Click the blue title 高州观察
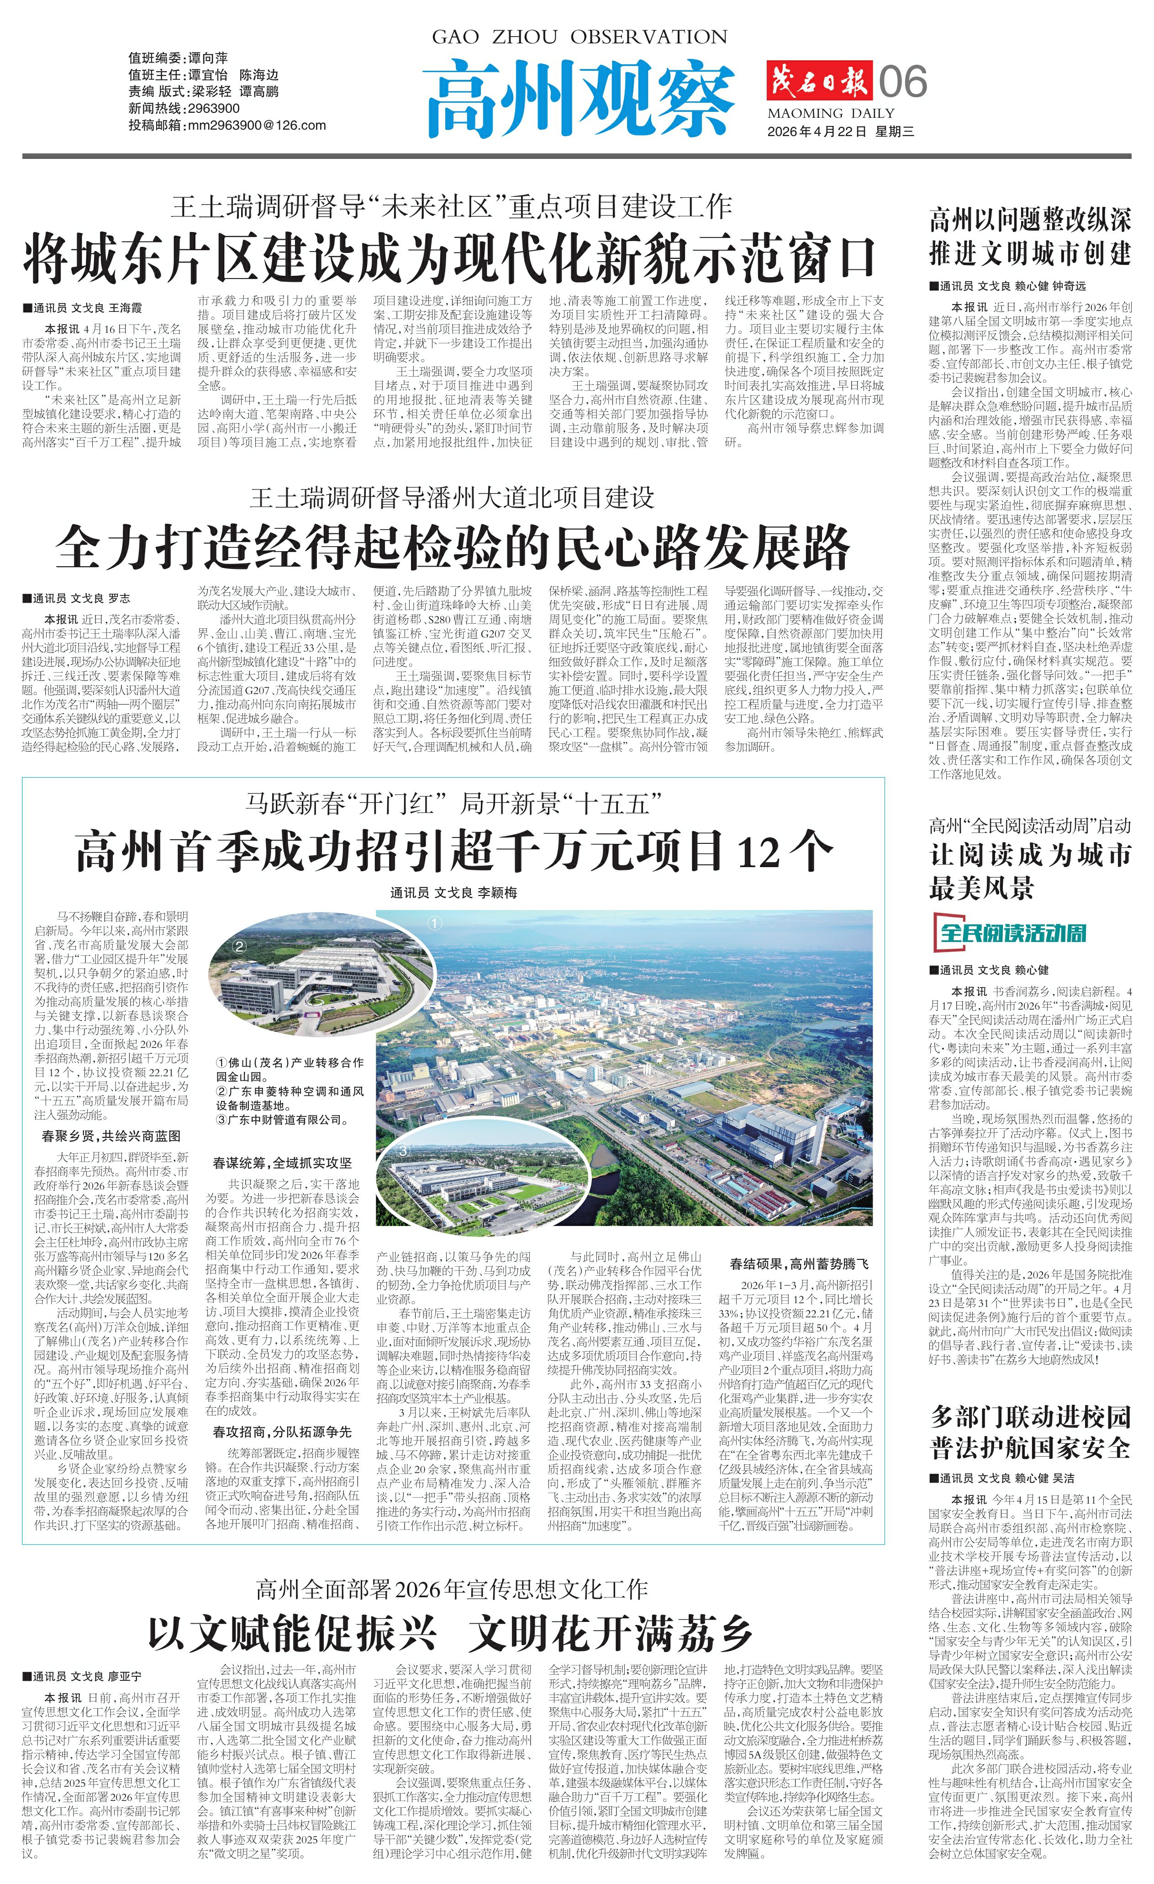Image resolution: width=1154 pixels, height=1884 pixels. [x=580, y=97]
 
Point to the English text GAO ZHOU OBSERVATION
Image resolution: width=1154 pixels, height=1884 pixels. [x=580, y=37]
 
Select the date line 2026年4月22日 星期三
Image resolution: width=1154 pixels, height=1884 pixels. [x=840, y=132]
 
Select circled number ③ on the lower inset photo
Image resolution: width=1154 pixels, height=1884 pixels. [x=403, y=1149]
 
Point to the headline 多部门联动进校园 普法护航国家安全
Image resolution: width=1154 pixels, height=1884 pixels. [x=1029, y=1431]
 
